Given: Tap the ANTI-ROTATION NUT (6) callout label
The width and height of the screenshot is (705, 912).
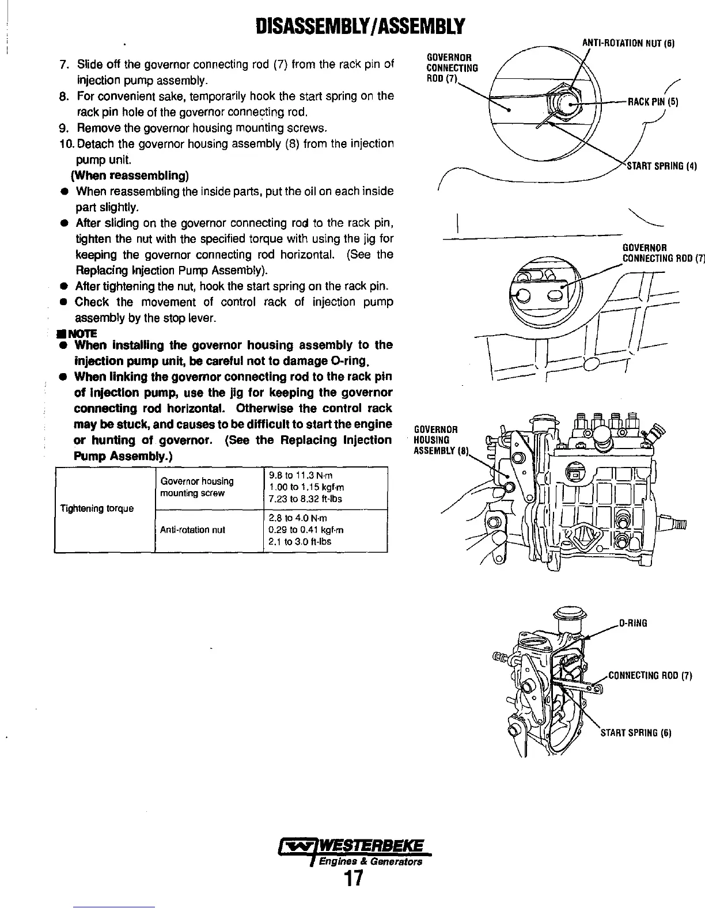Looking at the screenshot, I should coord(628,43).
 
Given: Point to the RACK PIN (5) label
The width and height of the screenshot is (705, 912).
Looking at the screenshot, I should coord(653,102).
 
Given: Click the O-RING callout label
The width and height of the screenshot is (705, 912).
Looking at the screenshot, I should coord(633,623).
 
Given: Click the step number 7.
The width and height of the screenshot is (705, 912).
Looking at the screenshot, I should coord(65,63).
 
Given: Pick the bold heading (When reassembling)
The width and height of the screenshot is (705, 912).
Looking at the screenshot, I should coord(131,175).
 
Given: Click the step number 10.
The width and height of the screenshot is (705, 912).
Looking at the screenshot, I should coord(66,143).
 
